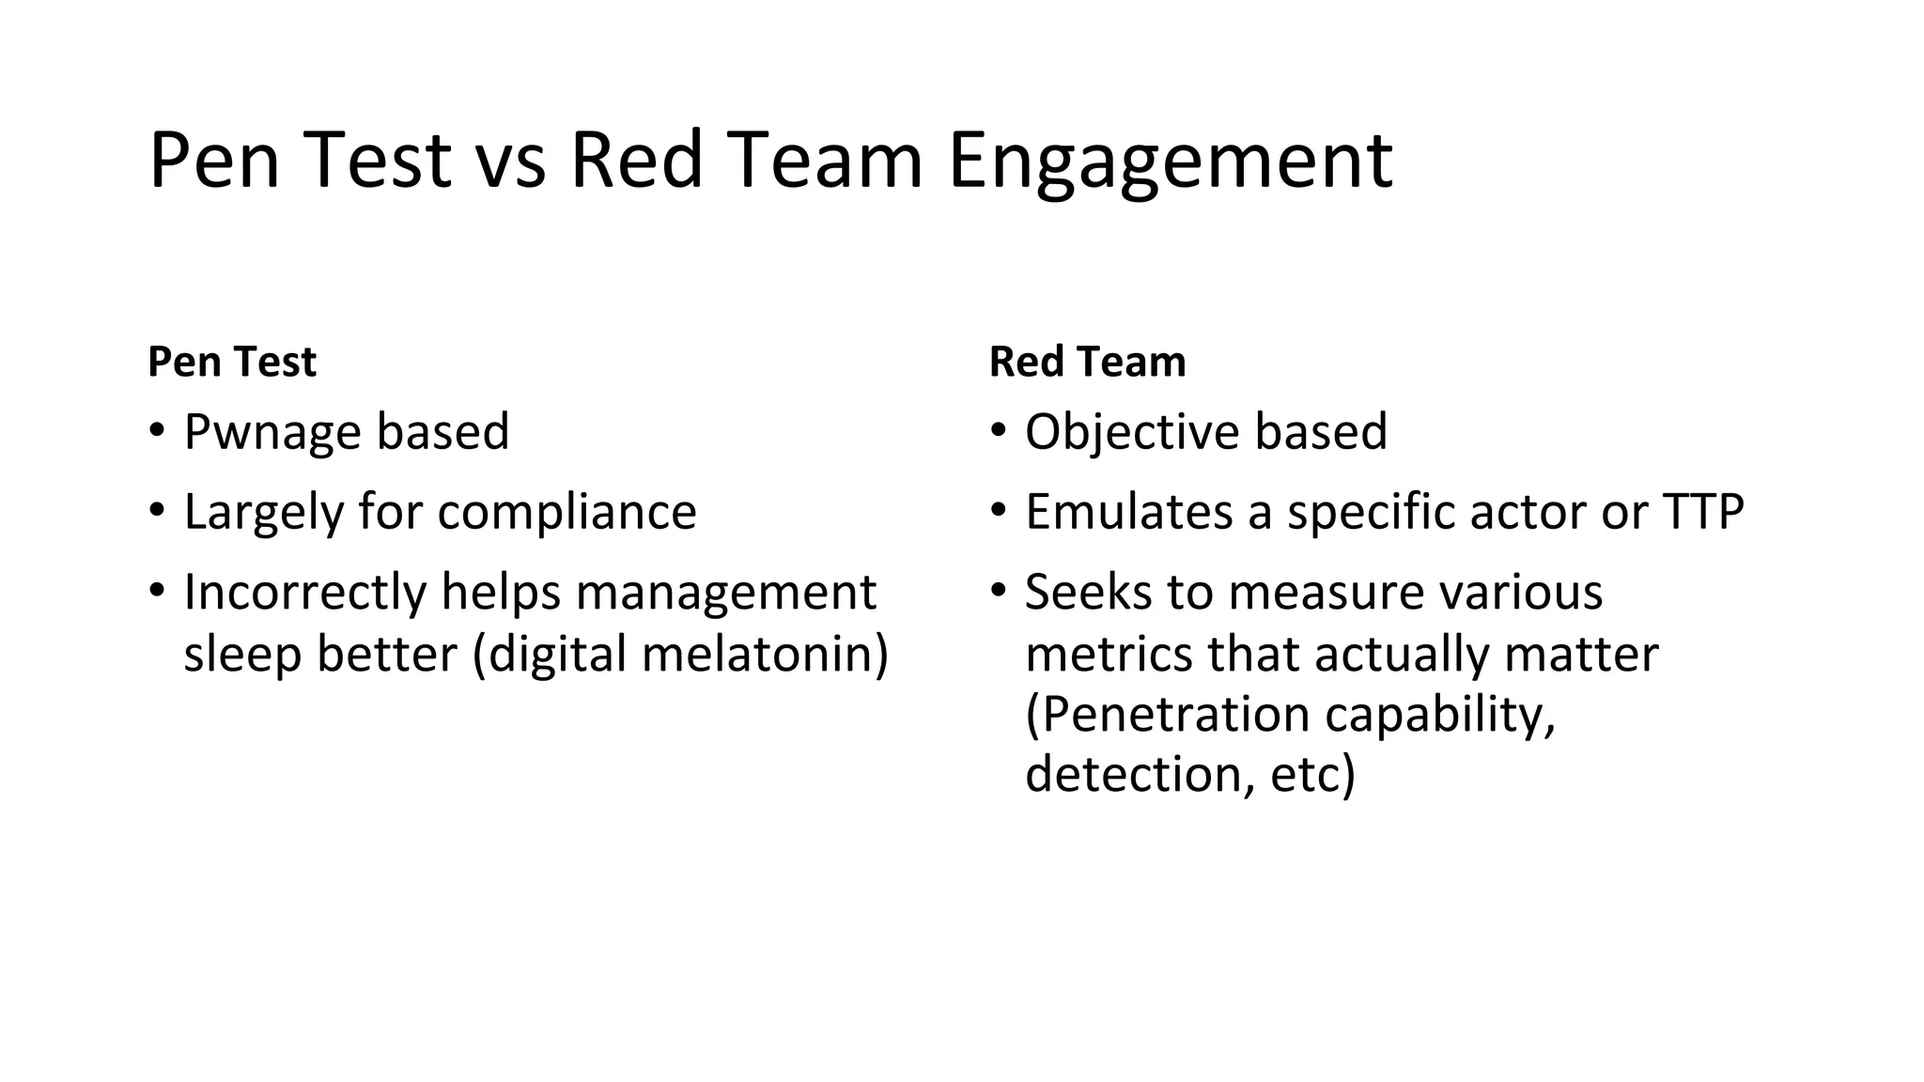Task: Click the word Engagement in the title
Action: [1170, 162]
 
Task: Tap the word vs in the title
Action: [510, 162]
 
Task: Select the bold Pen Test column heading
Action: [232, 362]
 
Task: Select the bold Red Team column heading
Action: [1087, 362]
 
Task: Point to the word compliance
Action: [566, 513]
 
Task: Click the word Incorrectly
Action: [304, 593]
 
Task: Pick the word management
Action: [725, 593]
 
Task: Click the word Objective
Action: [1131, 432]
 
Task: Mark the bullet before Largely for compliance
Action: [156, 512]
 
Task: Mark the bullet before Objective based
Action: [998, 431]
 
